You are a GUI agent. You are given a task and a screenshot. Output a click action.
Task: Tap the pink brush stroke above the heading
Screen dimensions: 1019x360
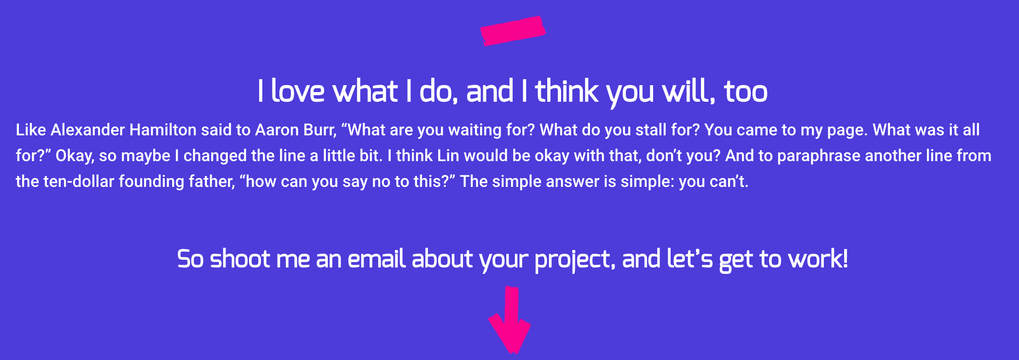[513, 31]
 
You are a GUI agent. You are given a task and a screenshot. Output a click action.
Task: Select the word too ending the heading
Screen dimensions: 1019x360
[746, 91]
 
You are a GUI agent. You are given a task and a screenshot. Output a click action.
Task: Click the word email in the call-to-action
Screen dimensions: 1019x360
[377, 259]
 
